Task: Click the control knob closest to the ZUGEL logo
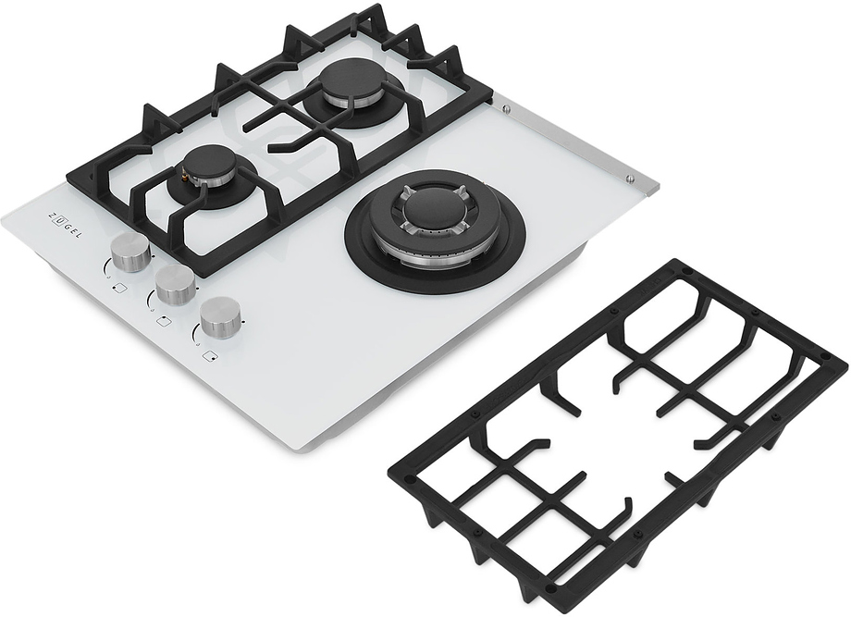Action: pos(130,253)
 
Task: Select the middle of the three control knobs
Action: pos(175,284)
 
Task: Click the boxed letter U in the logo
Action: pos(60,222)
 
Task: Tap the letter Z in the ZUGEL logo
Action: pos(54,215)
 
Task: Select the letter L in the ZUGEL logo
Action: pos(80,236)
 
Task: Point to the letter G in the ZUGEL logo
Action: pos(68,228)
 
